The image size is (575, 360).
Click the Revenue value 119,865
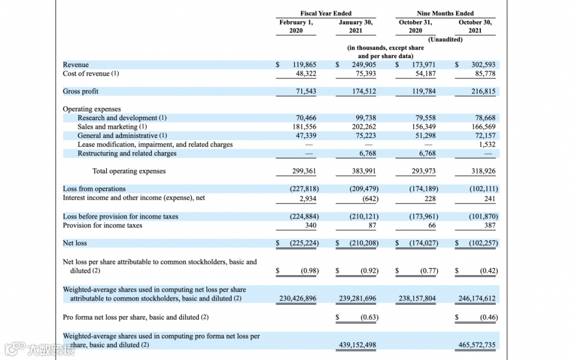(x=305, y=65)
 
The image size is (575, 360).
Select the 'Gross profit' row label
(x=80, y=92)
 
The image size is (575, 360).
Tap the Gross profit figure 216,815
(x=483, y=92)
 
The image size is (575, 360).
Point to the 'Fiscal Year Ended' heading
(x=326, y=13)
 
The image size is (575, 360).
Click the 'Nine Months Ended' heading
(x=445, y=13)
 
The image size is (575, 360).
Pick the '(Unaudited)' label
(x=445, y=39)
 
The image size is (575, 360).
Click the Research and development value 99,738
(x=365, y=118)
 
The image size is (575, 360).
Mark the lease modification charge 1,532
(x=487, y=144)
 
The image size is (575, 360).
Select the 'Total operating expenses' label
(x=129, y=171)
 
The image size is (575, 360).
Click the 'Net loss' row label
(x=75, y=243)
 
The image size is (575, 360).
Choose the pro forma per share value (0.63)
(x=369, y=317)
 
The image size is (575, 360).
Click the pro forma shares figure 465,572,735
(x=477, y=345)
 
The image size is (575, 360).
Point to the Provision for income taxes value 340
(x=310, y=226)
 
